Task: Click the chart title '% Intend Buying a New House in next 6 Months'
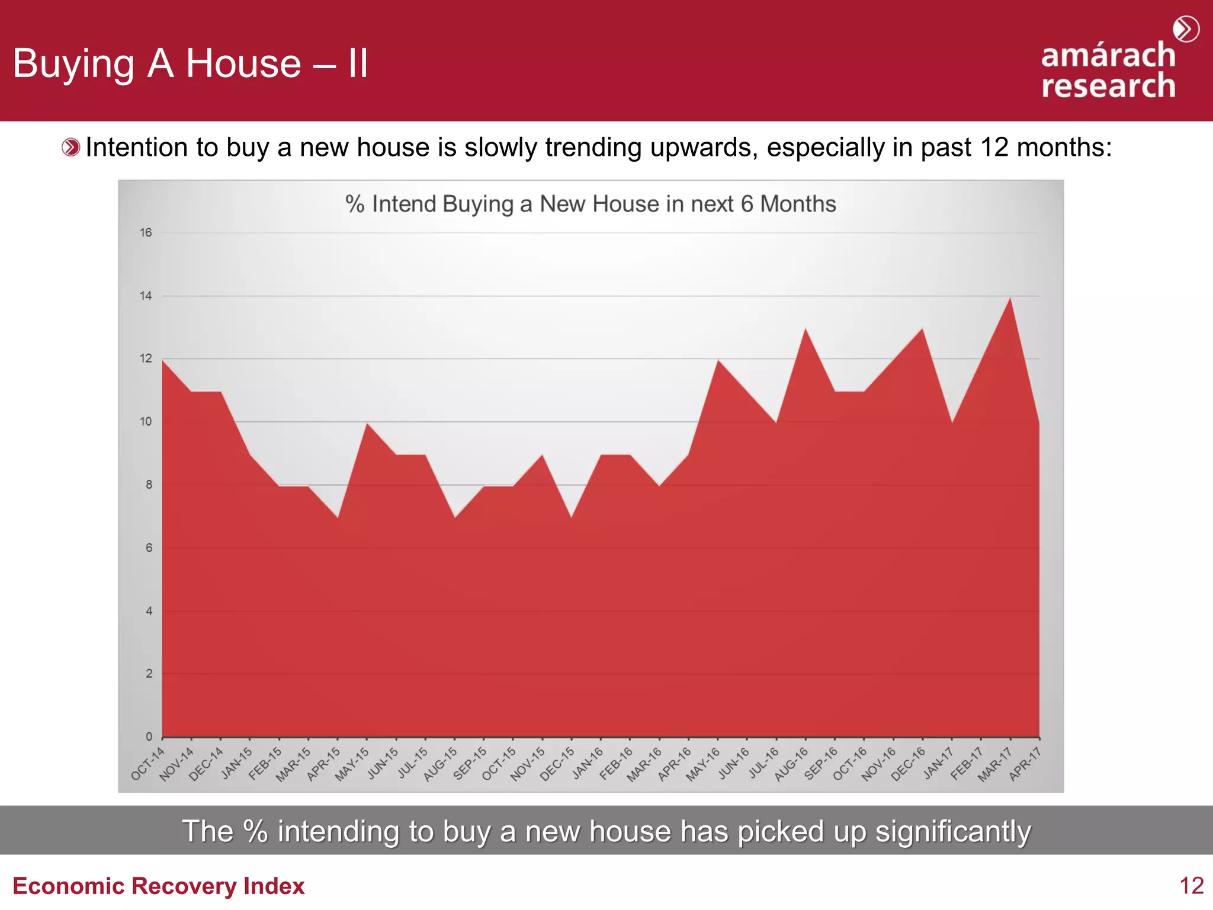[x=591, y=204]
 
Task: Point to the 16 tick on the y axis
[x=146, y=233]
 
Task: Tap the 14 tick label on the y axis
[x=146, y=296]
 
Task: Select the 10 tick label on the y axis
[x=146, y=422]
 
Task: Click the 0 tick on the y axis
[x=149, y=736]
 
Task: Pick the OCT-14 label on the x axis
[x=147, y=764]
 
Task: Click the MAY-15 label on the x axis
[x=352, y=764]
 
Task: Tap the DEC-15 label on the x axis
[x=557, y=764]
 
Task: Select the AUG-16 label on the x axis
[x=791, y=764]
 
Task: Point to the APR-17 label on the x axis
[x=1025, y=764]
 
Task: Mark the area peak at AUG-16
[x=806, y=329]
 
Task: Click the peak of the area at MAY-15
[x=367, y=424]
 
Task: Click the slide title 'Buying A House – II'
[x=191, y=63]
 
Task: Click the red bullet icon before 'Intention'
[x=70, y=148]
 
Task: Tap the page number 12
[x=1191, y=886]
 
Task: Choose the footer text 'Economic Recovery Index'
[x=159, y=886]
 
